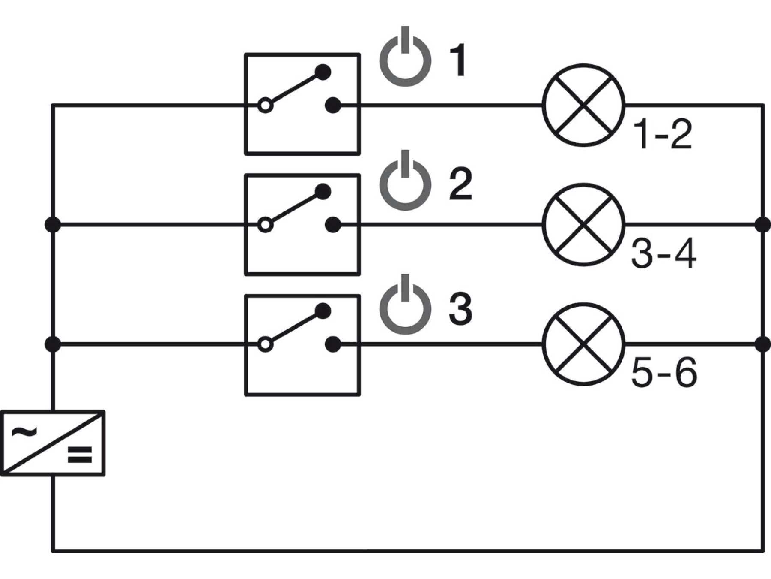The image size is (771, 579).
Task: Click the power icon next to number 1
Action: (405, 81)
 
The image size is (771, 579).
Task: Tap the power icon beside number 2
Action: (405, 205)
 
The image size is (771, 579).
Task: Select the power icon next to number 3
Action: (405, 329)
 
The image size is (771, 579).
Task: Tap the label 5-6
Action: (664, 374)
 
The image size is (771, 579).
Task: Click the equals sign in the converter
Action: (80, 455)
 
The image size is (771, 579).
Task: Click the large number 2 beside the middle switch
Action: (461, 184)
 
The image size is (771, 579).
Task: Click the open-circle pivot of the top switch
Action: (266, 105)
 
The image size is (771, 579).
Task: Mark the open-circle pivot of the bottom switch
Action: (266, 344)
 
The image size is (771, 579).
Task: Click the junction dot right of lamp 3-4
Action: (763, 225)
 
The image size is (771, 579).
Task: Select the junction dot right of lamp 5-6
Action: (763, 344)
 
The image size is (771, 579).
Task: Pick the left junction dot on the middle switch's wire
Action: (53, 225)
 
